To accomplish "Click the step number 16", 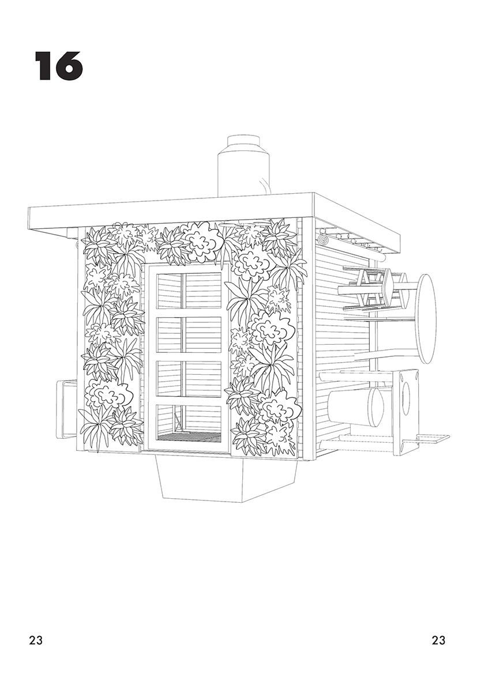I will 59,66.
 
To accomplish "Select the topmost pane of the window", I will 185,291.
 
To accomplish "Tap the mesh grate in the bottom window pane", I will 189,438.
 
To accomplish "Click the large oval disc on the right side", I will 426,318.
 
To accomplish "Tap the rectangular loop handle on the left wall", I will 64,409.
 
